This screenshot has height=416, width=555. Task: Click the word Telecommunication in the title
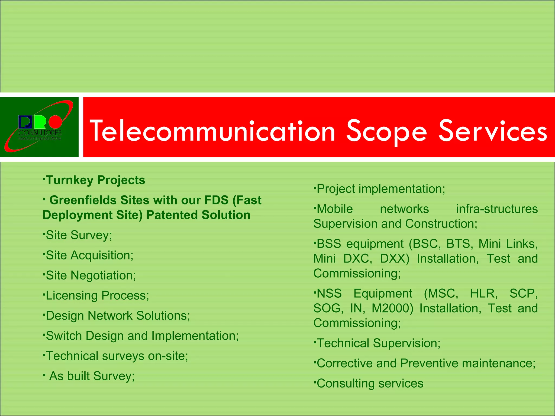tap(212, 132)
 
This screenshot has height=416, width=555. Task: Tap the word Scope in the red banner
tap(387, 132)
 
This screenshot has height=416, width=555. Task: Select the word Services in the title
tap(493, 131)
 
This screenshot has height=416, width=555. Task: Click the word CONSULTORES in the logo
tap(40, 133)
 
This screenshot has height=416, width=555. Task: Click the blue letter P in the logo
tap(25, 122)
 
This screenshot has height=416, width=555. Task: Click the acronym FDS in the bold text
tap(216, 200)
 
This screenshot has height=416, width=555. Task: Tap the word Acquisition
tap(102, 255)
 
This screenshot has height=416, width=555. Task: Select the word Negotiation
tap(103, 275)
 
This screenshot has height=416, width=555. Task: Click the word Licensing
tap(72, 295)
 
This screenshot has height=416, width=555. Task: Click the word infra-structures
tap(497, 209)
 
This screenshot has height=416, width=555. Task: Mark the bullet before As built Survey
tap(44, 375)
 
